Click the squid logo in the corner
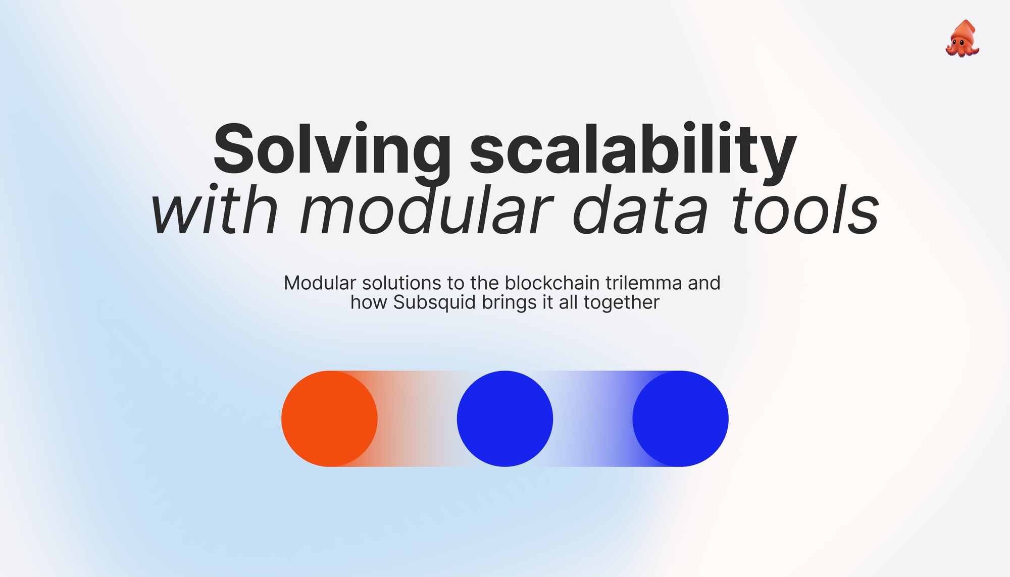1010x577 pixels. click(x=962, y=39)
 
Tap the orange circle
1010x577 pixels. click(x=329, y=418)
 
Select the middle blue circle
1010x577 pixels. click(x=505, y=418)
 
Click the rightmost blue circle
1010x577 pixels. click(x=680, y=418)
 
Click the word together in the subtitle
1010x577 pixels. click(x=621, y=303)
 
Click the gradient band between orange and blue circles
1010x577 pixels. click(x=417, y=418)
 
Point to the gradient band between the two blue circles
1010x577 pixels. click(x=592, y=418)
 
